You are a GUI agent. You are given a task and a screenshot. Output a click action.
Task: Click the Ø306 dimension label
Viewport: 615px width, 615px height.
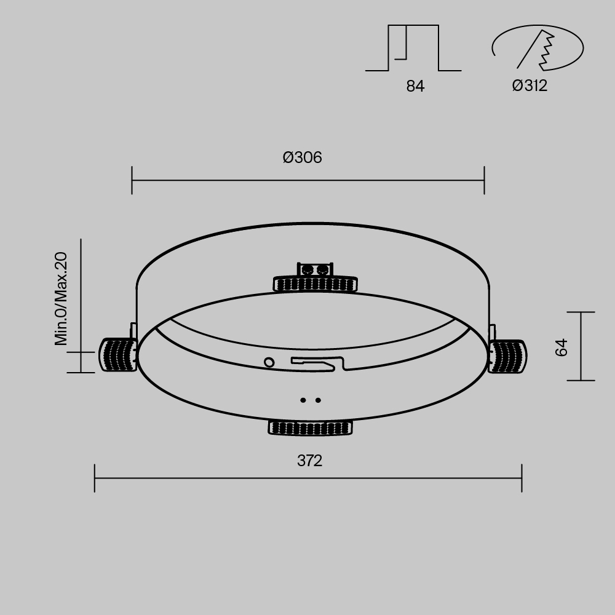pyautogui.click(x=302, y=158)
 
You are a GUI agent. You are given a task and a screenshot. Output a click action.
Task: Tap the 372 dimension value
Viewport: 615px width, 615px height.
pyautogui.click(x=309, y=461)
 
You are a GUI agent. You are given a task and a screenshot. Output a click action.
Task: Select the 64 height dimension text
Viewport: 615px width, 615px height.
pyautogui.click(x=561, y=347)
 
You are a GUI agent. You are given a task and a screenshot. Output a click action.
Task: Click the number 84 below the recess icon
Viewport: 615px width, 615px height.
pyautogui.click(x=415, y=87)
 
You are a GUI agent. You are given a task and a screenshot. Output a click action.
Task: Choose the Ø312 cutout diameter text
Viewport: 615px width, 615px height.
pyautogui.click(x=530, y=86)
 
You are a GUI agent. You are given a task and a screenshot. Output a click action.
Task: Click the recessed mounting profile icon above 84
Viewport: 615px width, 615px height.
pyautogui.click(x=413, y=49)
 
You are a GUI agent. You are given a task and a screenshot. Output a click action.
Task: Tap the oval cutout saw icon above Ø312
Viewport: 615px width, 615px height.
pyautogui.click(x=537, y=49)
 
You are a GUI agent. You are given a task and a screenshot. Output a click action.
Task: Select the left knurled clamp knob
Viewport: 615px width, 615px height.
pyautogui.click(x=118, y=355)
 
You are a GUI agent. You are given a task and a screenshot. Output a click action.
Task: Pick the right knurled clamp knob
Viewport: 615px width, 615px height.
pyautogui.click(x=508, y=356)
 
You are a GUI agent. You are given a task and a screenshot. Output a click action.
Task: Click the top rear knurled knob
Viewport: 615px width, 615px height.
pyautogui.click(x=315, y=283)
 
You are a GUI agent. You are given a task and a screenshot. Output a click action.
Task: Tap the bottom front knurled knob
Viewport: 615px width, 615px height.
pyautogui.click(x=311, y=427)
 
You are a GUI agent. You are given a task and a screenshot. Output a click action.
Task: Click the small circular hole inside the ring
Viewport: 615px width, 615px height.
pyautogui.click(x=269, y=362)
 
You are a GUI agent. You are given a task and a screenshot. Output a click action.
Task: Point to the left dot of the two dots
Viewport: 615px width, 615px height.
pyautogui.click(x=303, y=400)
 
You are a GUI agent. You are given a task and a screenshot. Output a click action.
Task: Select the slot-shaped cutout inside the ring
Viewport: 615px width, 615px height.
pyautogui.click(x=317, y=363)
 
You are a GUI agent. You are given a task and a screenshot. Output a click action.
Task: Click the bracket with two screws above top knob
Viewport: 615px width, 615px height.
pyautogui.click(x=315, y=269)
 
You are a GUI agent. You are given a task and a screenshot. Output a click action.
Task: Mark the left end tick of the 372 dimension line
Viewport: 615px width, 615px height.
pyautogui.click(x=95, y=478)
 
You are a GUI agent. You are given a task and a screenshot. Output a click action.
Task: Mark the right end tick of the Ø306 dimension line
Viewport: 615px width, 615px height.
pyautogui.click(x=484, y=180)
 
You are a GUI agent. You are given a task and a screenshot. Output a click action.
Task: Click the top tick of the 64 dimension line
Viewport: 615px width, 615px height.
pyautogui.click(x=580, y=312)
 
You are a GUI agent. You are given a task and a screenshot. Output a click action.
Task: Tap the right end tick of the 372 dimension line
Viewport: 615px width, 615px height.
pyautogui.click(x=522, y=478)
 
